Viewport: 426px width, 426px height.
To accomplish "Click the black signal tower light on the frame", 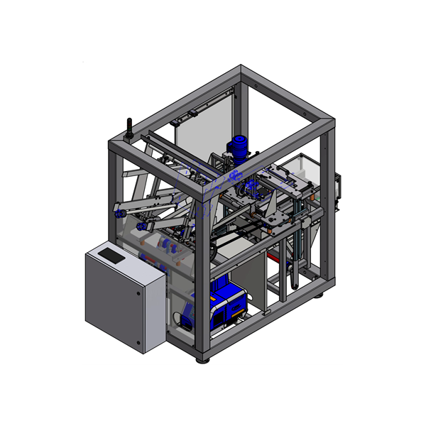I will coord(130,127).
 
